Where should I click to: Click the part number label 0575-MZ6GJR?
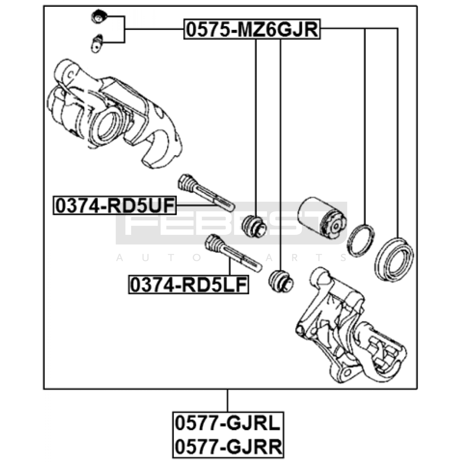point(252,29)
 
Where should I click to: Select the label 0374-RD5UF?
point(115,205)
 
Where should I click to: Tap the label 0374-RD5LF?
point(189,285)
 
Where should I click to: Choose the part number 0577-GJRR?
point(228,447)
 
